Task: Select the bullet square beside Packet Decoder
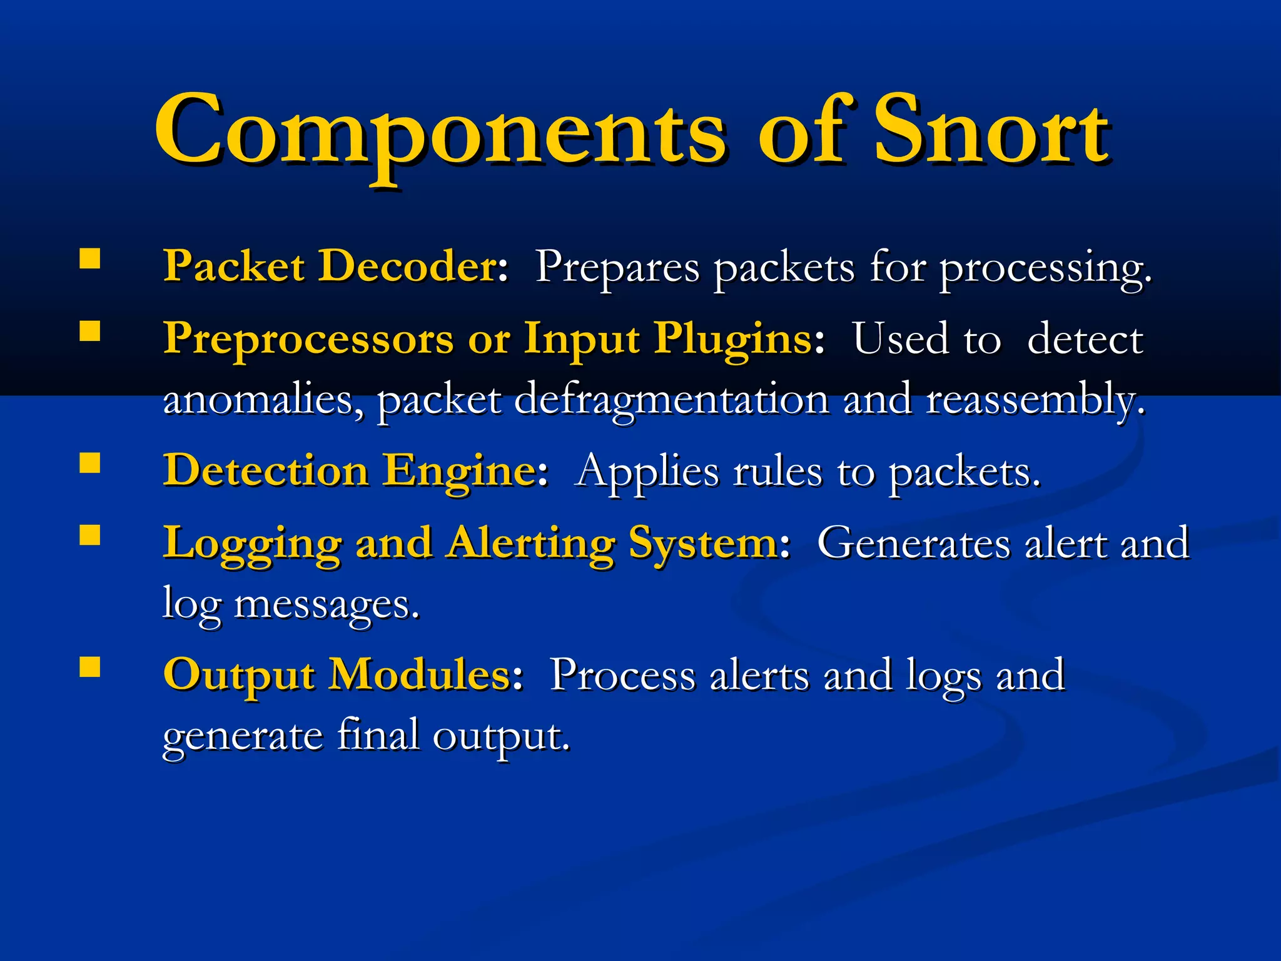tap(90, 258)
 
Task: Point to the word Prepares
tap(617, 268)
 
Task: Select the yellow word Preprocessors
tap(308, 340)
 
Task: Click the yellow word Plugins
tap(733, 340)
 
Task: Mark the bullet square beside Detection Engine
tap(90, 463)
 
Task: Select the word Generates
tap(913, 542)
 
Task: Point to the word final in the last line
tap(378, 735)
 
